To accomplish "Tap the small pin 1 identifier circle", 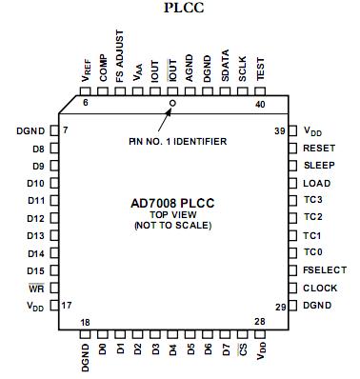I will [172, 101].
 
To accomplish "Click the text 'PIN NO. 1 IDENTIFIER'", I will [178, 140].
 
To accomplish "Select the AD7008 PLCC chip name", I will [177, 201].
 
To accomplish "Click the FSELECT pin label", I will [324, 269].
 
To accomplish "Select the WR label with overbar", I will [36, 287].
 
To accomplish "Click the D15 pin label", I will [35, 269].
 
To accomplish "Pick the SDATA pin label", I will [225, 68].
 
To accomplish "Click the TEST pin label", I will [260, 70].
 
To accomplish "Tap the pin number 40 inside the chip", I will [260, 105].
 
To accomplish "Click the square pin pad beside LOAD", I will [293, 183].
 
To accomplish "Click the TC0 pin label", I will [312, 252].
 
